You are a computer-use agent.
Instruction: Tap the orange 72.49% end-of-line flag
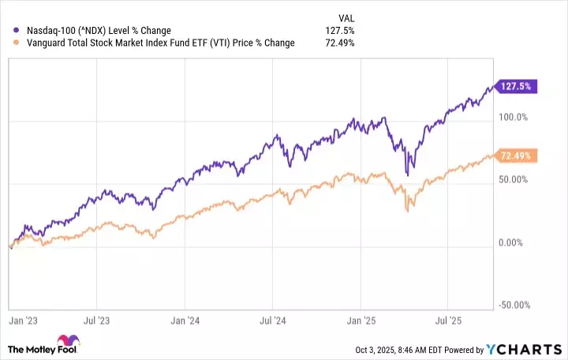point(514,156)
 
